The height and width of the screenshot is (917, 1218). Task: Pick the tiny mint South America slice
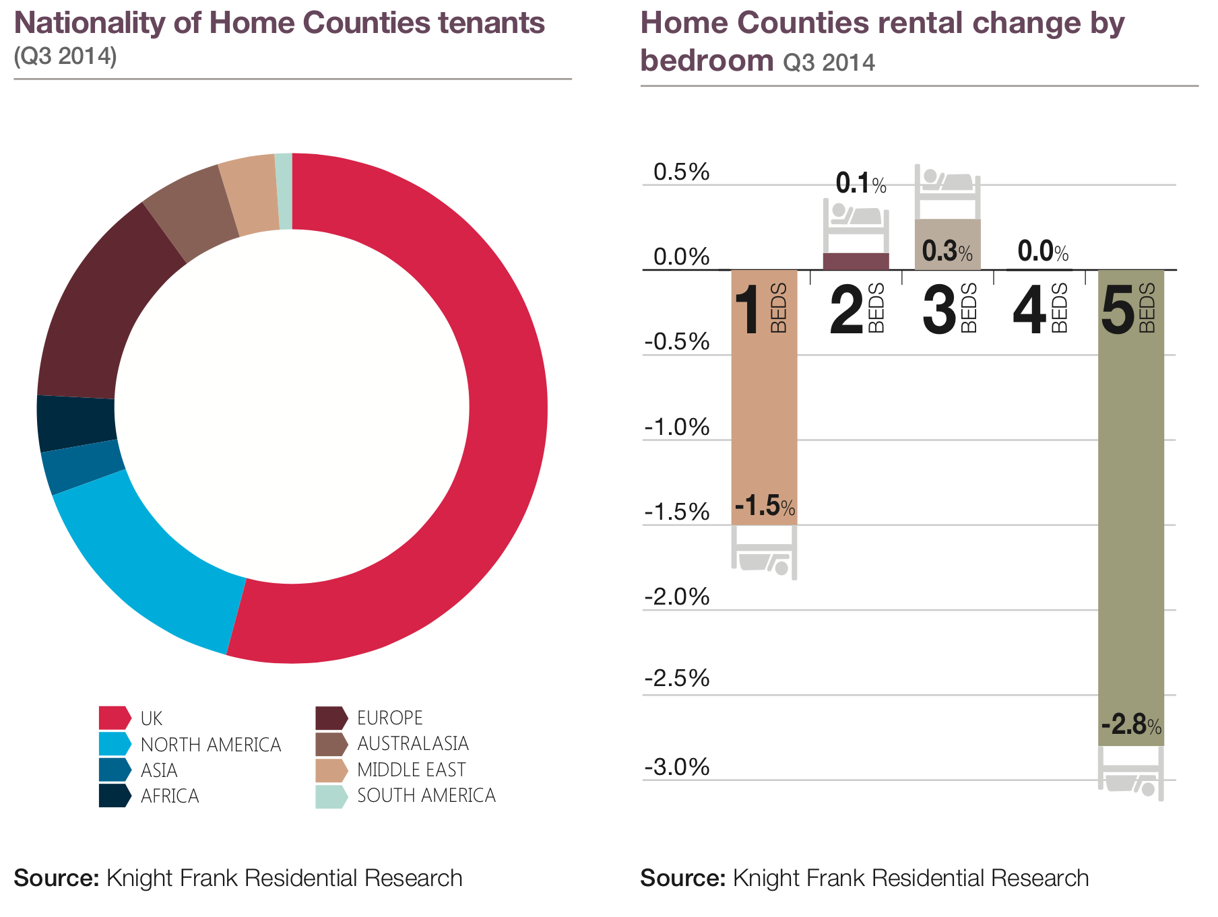tap(284, 192)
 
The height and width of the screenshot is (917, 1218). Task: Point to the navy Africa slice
tap(75, 423)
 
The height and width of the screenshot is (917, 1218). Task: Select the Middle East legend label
tap(411, 770)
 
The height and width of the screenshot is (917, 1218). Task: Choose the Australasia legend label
tap(412, 743)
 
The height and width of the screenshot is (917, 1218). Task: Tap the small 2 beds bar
tap(856, 261)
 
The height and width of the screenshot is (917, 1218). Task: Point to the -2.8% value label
tap(1131, 726)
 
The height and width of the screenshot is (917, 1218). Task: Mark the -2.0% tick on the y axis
tap(676, 597)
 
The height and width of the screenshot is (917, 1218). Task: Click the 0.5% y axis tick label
tap(681, 172)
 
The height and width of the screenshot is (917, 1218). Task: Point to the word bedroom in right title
tap(706, 61)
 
